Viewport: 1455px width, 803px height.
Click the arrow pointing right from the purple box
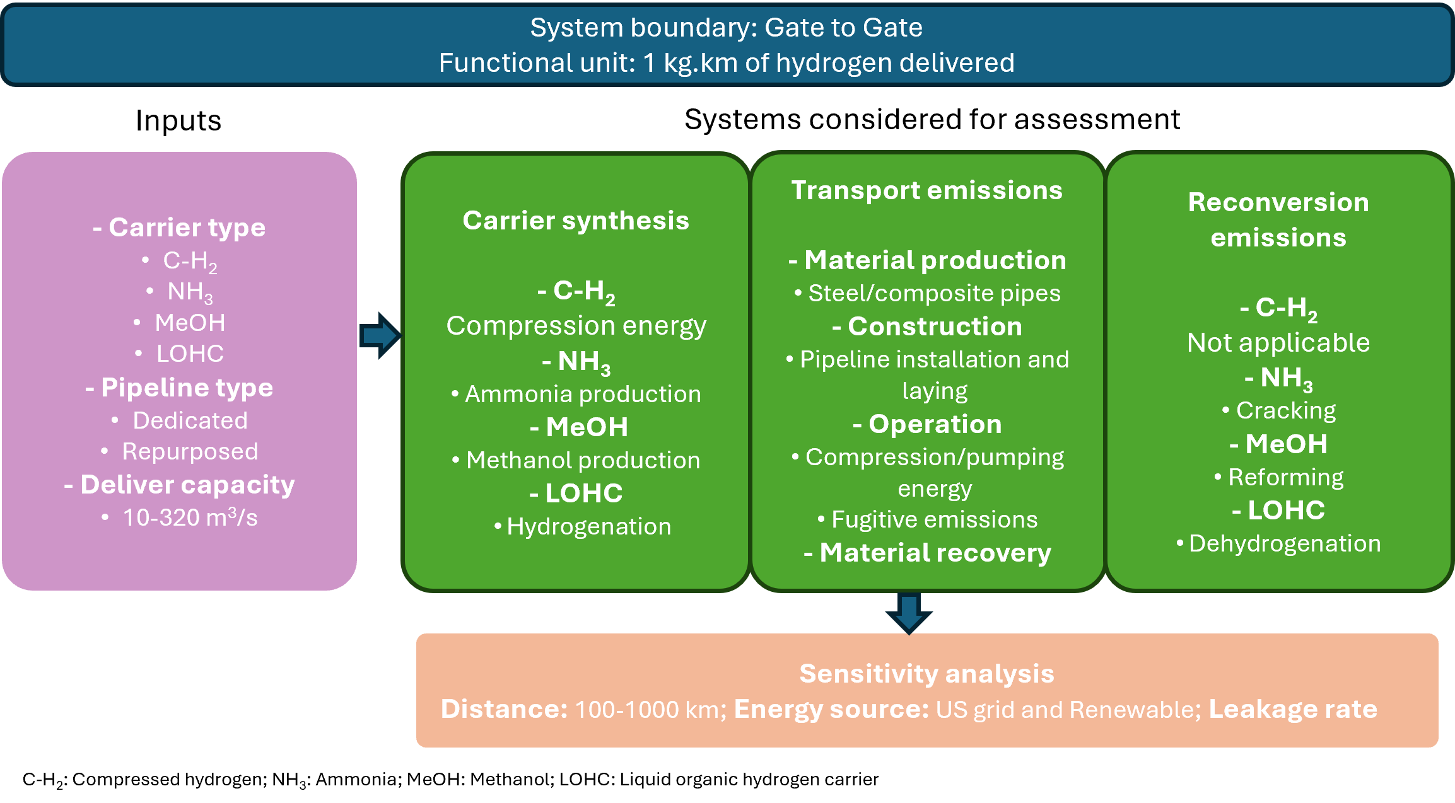coord(380,335)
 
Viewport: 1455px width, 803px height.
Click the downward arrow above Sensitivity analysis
coord(908,612)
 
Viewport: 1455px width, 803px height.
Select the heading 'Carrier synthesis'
coord(575,221)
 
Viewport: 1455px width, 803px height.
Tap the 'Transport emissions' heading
coord(926,190)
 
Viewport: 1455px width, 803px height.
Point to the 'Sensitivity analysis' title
coord(926,674)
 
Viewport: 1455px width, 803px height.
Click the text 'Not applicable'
coord(1278,343)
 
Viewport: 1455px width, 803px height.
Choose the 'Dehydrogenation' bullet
coord(1284,543)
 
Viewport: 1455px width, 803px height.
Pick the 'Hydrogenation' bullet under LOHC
coord(588,526)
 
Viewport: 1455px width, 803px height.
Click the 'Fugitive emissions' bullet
coord(933,519)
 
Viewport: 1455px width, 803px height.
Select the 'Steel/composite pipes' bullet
coord(933,293)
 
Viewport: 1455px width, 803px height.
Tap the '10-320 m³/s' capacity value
coord(190,517)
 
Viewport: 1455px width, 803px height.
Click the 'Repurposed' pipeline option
coord(190,451)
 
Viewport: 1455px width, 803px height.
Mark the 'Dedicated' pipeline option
coord(190,420)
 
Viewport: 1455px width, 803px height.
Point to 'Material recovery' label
coord(935,553)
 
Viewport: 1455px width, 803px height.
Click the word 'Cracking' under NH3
coord(1285,410)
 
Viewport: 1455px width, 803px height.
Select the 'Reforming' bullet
coord(1285,477)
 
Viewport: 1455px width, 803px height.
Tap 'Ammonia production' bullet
coord(582,394)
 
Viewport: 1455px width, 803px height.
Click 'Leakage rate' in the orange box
coord(1293,710)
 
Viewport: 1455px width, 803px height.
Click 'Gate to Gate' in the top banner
coord(843,28)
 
